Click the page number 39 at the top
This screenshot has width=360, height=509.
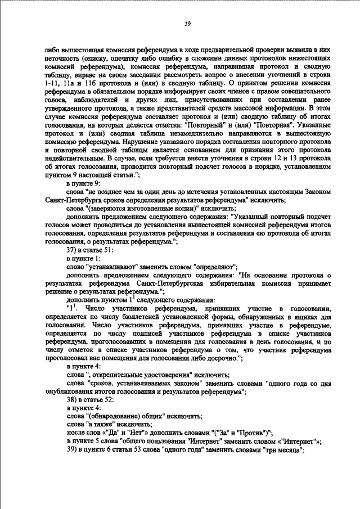188,24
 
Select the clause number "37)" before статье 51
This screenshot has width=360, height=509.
73,249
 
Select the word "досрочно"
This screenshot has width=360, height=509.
222,357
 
